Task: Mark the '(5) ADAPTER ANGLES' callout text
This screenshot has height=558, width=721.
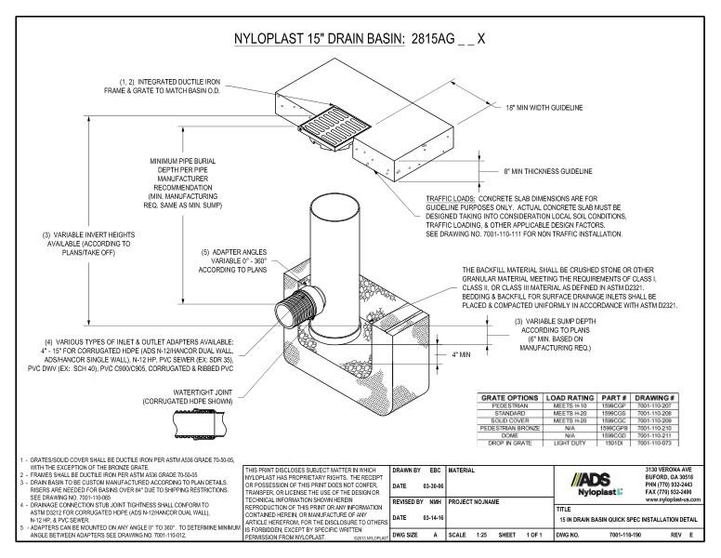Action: pos(225,252)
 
